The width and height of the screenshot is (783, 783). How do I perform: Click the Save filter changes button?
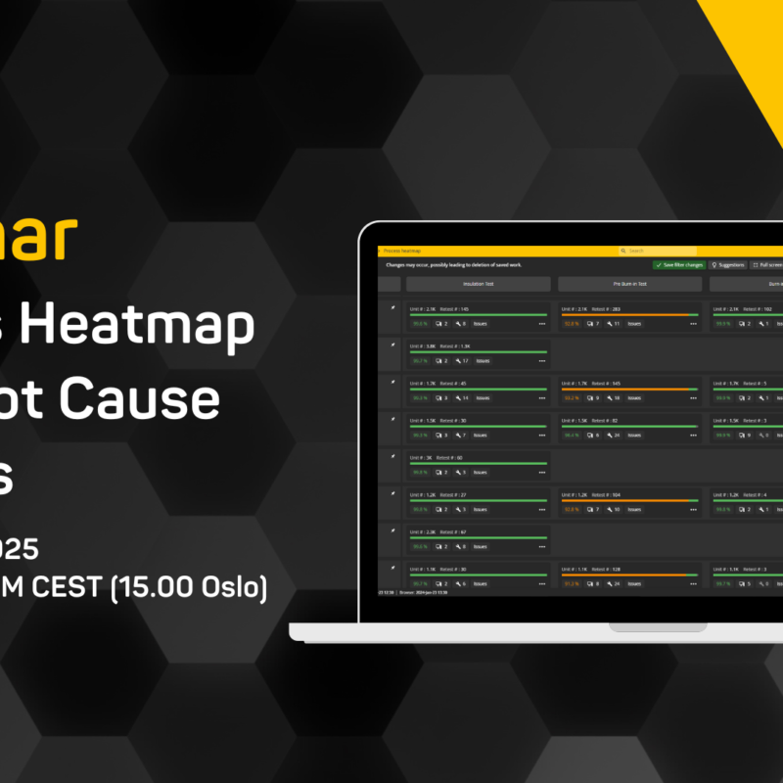point(679,264)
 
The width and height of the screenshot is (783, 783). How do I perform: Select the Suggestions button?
point(728,264)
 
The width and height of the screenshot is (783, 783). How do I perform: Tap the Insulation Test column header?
point(479,284)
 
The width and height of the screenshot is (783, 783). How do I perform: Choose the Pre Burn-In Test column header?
point(629,284)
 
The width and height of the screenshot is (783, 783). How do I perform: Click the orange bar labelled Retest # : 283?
point(629,315)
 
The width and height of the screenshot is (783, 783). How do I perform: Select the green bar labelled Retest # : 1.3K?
point(479,352)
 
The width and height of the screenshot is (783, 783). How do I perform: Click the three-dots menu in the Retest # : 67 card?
point(542,546)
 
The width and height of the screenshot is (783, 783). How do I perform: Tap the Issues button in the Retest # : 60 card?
point(480,472)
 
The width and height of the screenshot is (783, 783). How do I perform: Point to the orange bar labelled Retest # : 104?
point(629,501)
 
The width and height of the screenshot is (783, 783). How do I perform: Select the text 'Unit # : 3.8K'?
point(423,345)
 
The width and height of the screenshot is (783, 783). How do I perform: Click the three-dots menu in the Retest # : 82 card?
point(693,435)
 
